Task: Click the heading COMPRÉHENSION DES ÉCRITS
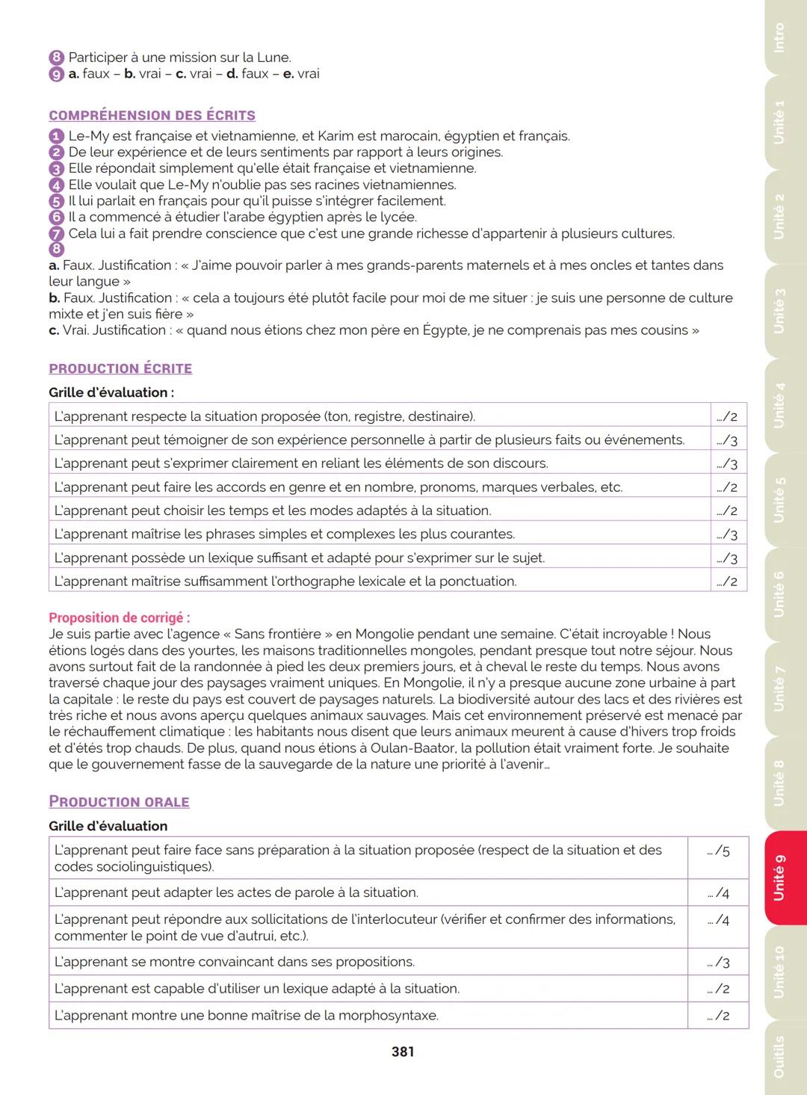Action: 152,116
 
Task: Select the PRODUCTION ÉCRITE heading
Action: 120,368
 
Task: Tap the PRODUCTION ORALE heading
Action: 119,802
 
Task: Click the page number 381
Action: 403,1052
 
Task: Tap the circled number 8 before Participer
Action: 56,58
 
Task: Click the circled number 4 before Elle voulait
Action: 56,185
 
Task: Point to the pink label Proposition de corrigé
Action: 119,618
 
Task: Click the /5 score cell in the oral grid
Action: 718,851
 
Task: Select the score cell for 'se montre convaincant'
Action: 718,963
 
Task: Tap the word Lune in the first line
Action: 273,58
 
